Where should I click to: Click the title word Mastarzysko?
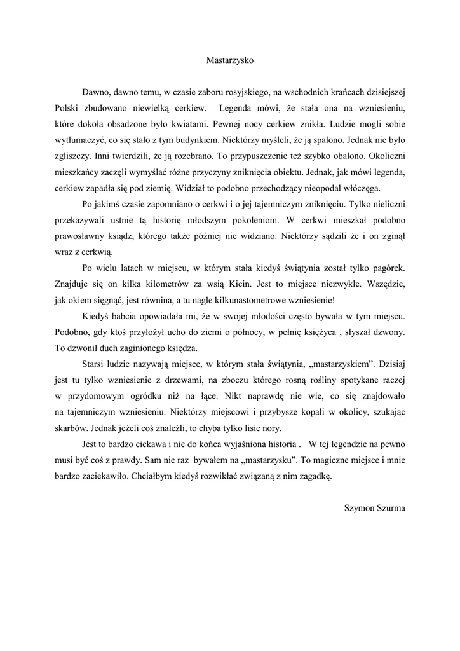(230, 60)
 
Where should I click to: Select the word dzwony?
(394, 332)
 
